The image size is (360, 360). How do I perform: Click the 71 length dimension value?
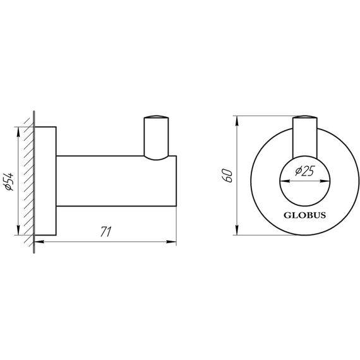tap(105, 232)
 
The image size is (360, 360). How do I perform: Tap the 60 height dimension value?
tap(229, 174)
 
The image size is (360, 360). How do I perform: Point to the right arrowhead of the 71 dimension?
tap(172, 241)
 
